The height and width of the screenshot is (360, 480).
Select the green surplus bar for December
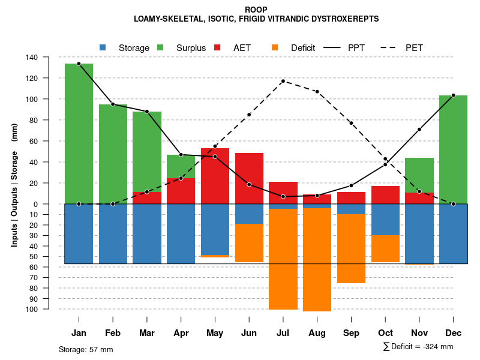point(453,149)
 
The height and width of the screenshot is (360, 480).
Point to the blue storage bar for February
point(113,233)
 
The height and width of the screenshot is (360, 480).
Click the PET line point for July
point(283,81)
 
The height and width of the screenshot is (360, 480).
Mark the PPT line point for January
point(79,64)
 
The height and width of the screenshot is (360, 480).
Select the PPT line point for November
point(419,129)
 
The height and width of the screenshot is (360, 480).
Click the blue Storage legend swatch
point(103,47)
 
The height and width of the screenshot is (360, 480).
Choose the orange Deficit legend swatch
point(275,47)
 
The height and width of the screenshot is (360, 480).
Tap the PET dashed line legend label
point(414,47)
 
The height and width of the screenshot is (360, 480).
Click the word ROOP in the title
point(256,10)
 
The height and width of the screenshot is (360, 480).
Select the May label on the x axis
point(215,333)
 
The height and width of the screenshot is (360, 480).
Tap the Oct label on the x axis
point(385,333)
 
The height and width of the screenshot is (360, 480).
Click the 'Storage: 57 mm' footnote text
point(86,349)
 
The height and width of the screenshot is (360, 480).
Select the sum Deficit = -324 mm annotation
point(418,347)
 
